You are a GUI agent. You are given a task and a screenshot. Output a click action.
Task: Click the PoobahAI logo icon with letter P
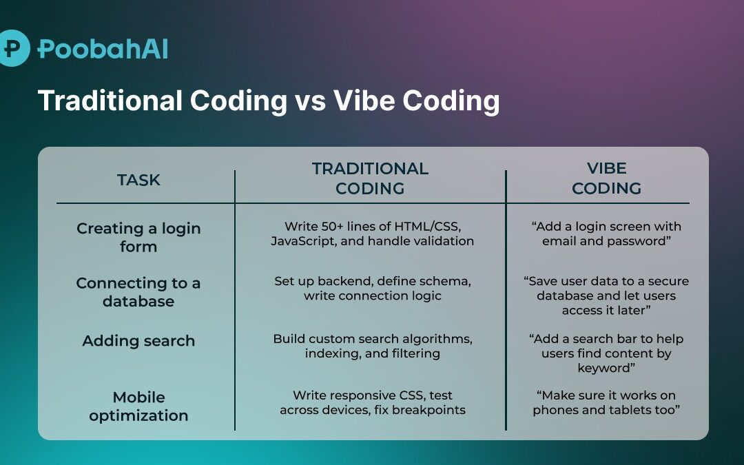pos(13,48)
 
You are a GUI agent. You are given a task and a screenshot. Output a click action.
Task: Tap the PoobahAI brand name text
pos(103,49)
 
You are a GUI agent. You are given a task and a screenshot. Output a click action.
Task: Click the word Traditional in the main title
pos(111,101)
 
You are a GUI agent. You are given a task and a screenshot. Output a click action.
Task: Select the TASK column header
pos(138,180)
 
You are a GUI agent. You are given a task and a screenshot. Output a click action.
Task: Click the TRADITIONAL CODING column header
pos(370,178)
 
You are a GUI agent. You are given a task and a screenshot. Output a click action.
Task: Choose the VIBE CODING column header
pos(606,178)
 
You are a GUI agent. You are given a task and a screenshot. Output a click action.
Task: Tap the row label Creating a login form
pos(138,237)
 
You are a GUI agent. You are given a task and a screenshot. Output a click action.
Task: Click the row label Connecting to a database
pos(138,292)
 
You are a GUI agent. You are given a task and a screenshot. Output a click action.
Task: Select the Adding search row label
pos(138,340)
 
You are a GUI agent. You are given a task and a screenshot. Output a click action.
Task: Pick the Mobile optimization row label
pos(138,406)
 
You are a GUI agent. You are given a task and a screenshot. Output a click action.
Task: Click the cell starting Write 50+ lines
pos(372,234)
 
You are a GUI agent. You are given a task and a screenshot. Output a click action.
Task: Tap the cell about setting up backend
pos(372,288)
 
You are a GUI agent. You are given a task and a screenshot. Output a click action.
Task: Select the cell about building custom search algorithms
pos(372,346)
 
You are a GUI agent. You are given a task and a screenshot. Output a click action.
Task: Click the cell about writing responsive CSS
pos(372,402)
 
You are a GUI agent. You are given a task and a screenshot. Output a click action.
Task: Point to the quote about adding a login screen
pos(606,234)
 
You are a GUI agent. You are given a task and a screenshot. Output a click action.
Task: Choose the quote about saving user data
pos(606,296)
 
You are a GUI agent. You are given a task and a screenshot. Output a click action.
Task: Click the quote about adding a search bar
pos(606,353)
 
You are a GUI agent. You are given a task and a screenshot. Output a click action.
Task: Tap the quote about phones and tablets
pos(606,402)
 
